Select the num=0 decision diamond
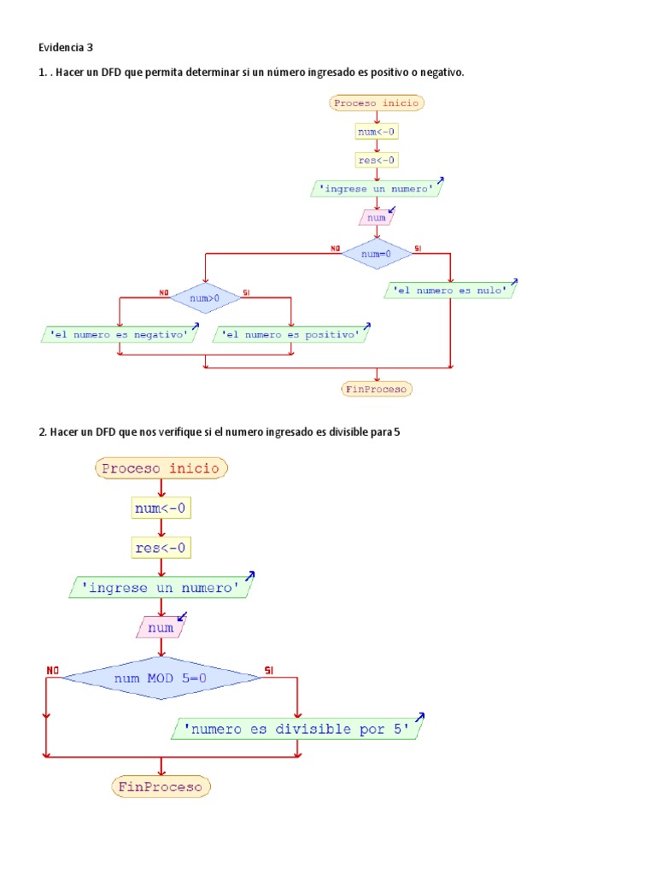376,254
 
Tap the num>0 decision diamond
205,298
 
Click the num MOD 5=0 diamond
161,678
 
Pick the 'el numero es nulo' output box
451,291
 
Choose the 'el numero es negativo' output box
119,335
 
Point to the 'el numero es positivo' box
290,335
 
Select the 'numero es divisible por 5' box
296,729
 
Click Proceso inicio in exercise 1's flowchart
377,103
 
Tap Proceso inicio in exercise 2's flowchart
161,468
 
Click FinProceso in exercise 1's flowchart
377,389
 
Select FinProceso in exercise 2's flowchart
161,785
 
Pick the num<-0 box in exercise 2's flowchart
161,508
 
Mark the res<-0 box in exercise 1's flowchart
377,160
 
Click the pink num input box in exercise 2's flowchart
161,628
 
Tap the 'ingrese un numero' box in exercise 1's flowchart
377,189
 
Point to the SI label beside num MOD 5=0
269,669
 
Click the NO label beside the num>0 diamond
163,292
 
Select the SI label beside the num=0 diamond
418,249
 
